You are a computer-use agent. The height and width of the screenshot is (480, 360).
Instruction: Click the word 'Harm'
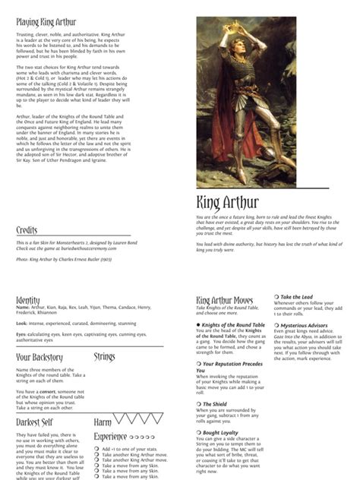point(102,422)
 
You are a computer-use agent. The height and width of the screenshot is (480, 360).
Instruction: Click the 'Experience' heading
point(111,437)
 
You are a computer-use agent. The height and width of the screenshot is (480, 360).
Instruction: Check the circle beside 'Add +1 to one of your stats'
point(96,448)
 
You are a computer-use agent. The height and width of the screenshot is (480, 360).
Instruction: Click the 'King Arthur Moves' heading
point(225,301)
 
